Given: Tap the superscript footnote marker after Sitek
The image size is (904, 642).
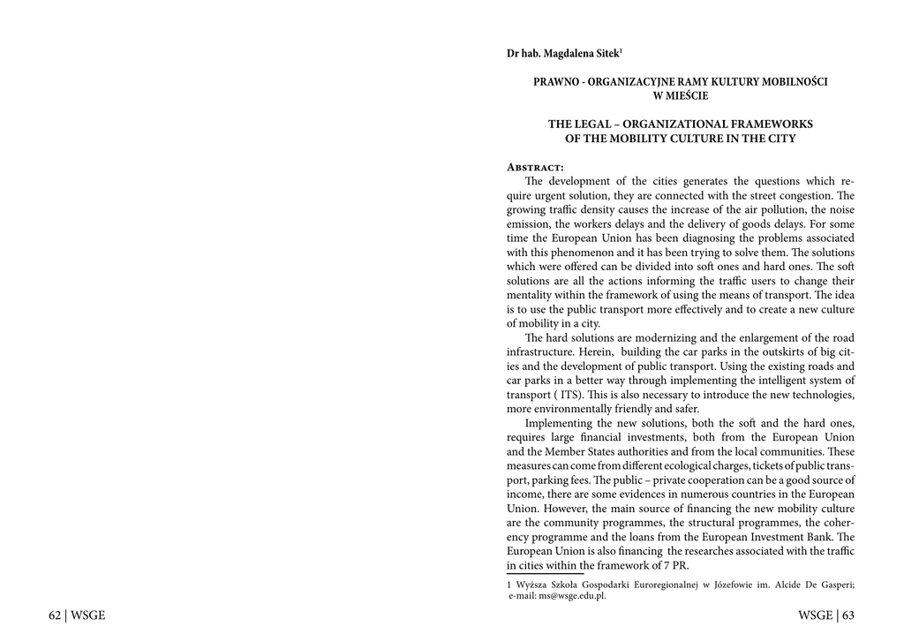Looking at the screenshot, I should [621, 50].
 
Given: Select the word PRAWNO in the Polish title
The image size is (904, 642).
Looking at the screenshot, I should [554, 82].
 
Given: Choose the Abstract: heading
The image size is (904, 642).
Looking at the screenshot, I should [535, 167].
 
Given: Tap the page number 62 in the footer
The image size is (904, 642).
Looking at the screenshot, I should [55, 616].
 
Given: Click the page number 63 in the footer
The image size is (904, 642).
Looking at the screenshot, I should [847, 616].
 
